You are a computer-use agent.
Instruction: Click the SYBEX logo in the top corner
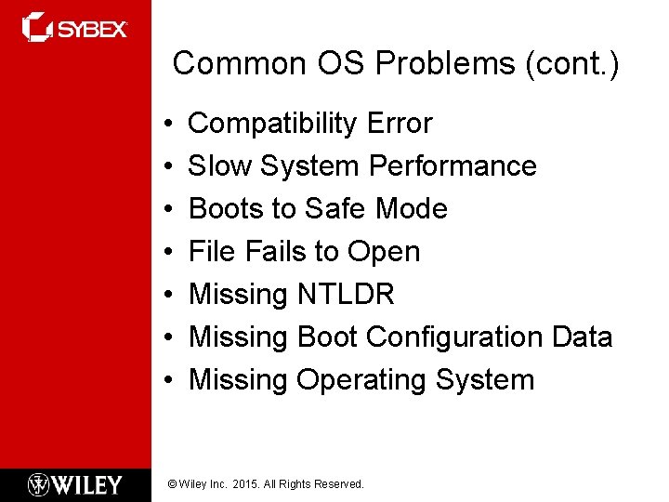pyautogui.click(x=74, y=27)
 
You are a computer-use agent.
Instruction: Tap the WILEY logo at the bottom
pyautogui.click(x=74, y=484)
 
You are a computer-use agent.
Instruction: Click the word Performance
pyautogui.click(x=453, y=166)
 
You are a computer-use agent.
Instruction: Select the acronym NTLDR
pyautogui.click(x=346, y=295)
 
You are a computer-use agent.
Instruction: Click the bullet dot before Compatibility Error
pyautogui.click(x=164, y=125)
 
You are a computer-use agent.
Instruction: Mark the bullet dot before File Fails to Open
pyautogui.click(x=164, y=253)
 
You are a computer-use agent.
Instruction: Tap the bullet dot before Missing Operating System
pyautogui.click(x=164, y=381)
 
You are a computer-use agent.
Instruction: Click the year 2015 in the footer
pyautogui.click(x=247, y=484)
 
